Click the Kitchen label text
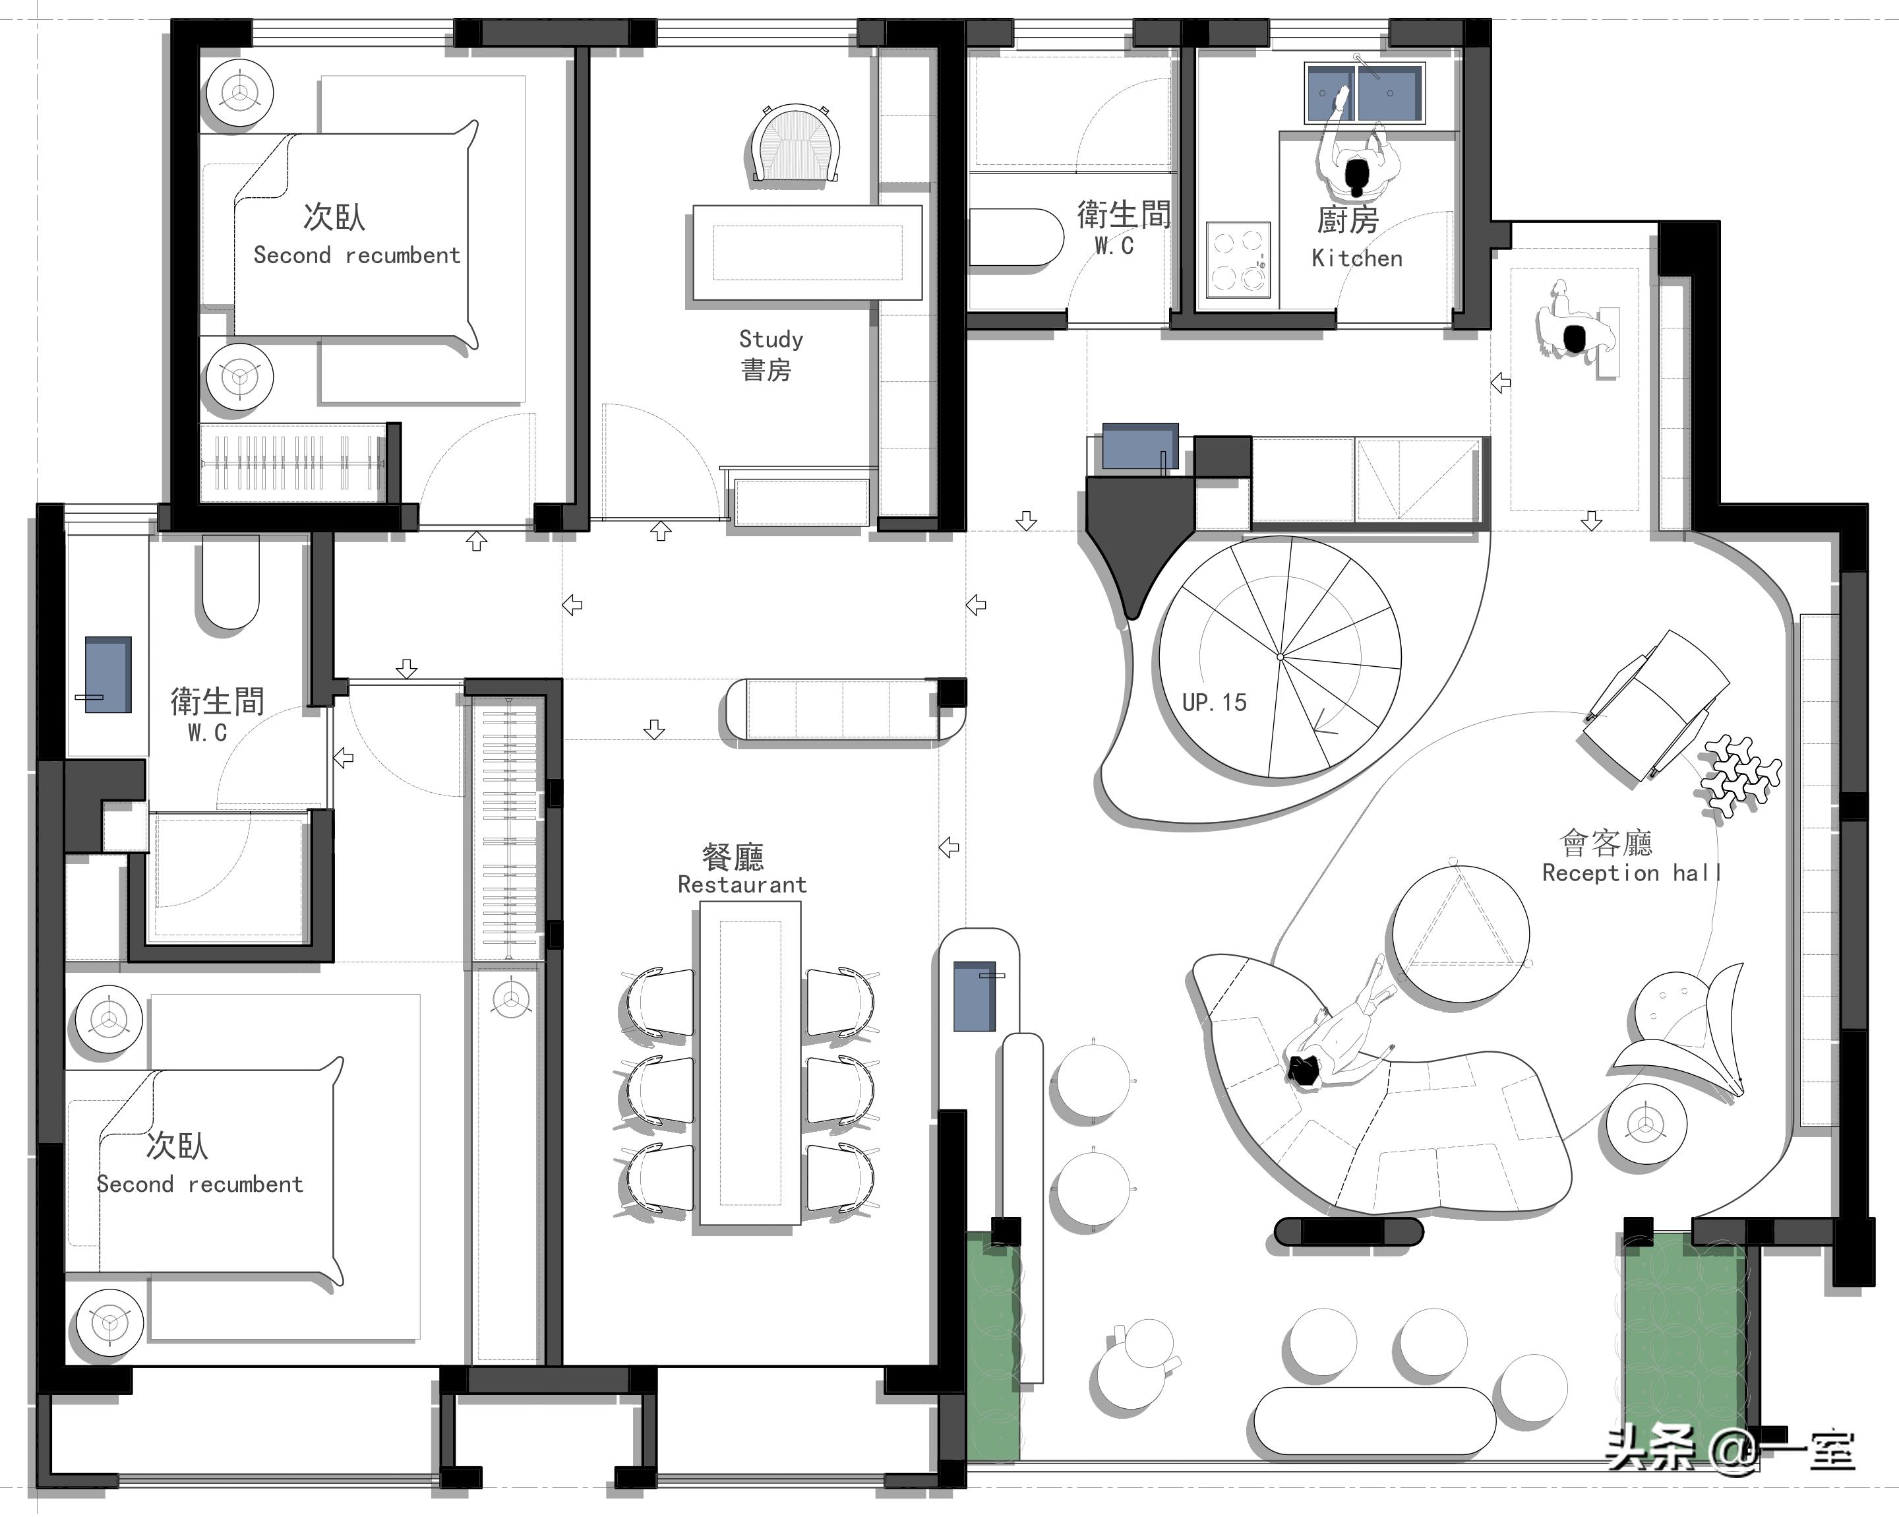(x=1356, y=258)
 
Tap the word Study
(x=771, y=339)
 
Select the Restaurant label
(x=742, y=884)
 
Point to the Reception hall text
(x=1631, y=873)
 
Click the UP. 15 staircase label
(x=1214, y=702)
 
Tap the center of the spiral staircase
(x=1280, y=657)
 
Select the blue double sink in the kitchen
(x=1364, y=92)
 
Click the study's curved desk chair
(x=795, y=145)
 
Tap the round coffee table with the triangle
(x=1459, y=934)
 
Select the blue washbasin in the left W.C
(x=108, y=675)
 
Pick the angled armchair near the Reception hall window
(x=1656, y=705)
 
